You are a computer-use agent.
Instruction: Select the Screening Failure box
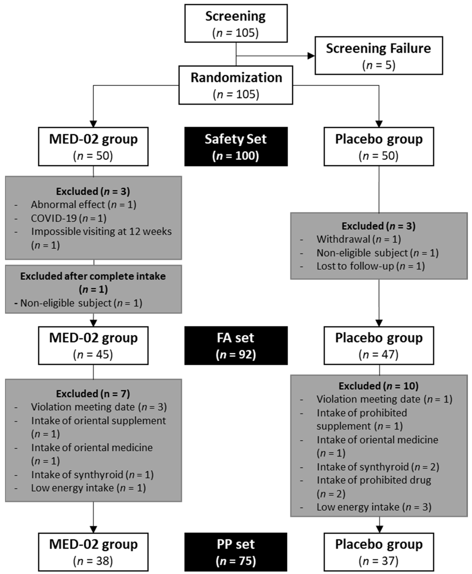pos(378,56)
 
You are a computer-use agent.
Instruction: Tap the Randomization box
pos(236,85)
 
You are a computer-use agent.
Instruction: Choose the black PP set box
pos(236,552)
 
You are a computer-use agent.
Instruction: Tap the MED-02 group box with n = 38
pos(93,552)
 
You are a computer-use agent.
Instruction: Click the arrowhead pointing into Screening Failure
pos(311,56)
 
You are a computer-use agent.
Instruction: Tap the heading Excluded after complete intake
pos(93,276)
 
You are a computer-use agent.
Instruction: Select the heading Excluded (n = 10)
pos(378,386)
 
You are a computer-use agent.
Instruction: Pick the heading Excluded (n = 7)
pos(93,394)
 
